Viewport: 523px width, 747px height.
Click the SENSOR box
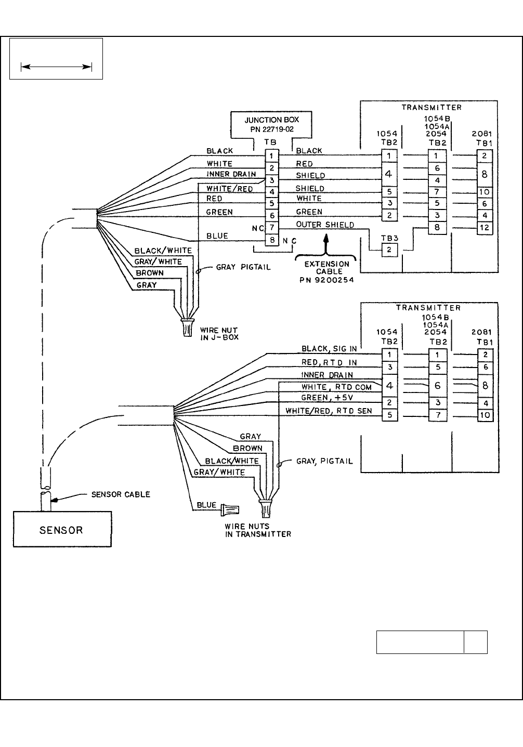[62, 529]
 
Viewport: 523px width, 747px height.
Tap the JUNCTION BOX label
[272, 120]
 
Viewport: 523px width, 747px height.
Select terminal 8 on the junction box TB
[272, 240]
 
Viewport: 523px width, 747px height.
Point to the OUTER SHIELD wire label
[325, 225]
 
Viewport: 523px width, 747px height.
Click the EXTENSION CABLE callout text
[327, 272]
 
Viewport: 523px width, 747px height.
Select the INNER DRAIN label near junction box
[231, 174]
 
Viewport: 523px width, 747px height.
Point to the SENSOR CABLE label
[121, 494]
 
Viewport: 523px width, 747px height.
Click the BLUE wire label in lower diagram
[206, 505]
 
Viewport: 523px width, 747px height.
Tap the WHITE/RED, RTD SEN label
[329, 411]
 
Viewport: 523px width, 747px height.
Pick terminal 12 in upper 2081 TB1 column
[484, 227]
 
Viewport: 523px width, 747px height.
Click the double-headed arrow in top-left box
[56, 66]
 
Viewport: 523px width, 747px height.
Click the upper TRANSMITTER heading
[432, 108]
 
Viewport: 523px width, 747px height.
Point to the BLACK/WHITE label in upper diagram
[163, 251]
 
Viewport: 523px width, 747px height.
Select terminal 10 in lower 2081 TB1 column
[485, 415]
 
